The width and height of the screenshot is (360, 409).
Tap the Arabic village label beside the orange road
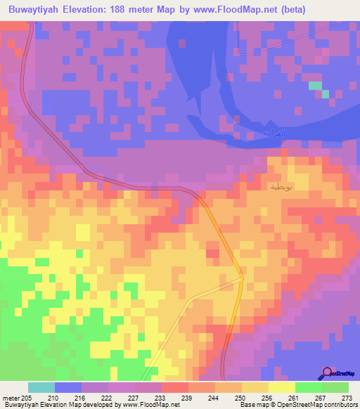click(x=279, y=187)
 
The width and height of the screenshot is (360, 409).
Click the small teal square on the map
click(x=316, y=86)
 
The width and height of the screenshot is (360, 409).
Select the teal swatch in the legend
click(x=41, y=387)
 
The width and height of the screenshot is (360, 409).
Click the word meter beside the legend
click(x=9, y=398)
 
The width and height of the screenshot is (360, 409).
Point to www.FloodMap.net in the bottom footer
click(x=150, y=405)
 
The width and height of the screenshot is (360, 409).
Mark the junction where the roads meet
click(x=241, y=278)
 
